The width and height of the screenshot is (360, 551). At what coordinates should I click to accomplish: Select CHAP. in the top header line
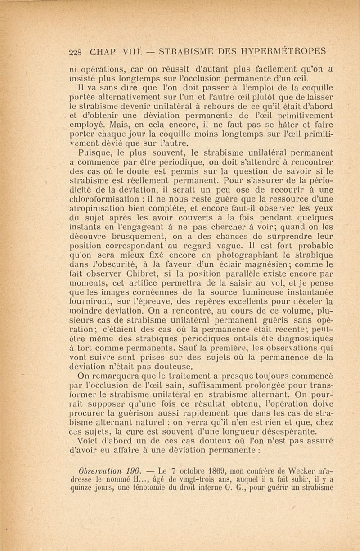click(x=102, y=50)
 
